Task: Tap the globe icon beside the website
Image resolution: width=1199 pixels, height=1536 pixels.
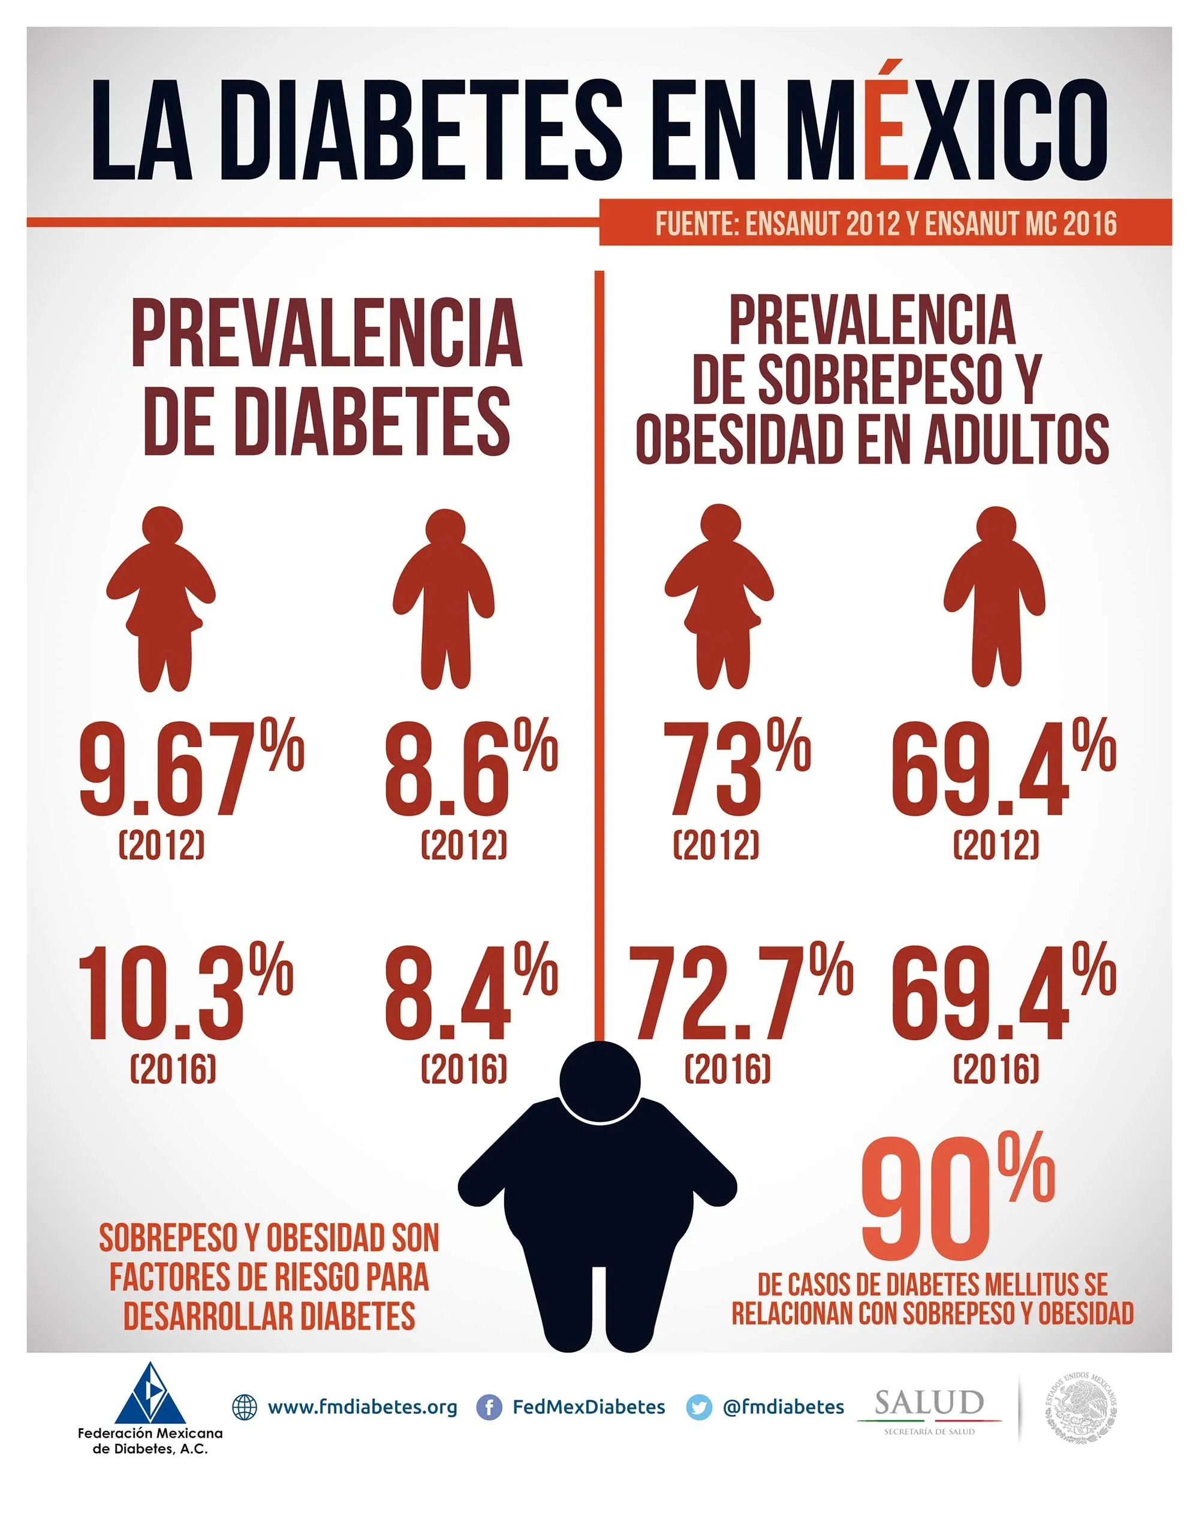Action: pyautogui.click(x=245, y=1407)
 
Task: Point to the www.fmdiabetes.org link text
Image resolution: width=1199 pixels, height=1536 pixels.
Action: pyautogui.click(x=362, y=1407)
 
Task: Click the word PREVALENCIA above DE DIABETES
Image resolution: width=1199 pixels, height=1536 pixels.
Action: pyautogui.click(x=327, y=333)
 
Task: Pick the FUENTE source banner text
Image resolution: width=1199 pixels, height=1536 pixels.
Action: pyautogui.click(x=885, y=224)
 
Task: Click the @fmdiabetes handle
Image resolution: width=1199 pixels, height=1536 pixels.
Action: pyautogui.click(x=783, y=1407)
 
